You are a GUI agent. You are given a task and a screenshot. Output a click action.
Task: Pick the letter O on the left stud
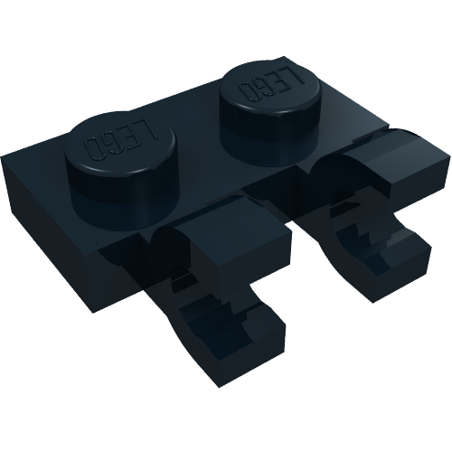(x=94, y=146)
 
